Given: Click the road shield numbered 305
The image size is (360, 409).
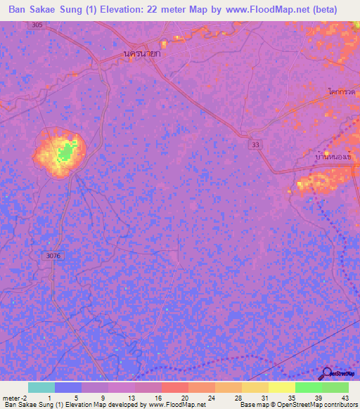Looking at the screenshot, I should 37,25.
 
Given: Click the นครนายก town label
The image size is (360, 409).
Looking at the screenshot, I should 142,53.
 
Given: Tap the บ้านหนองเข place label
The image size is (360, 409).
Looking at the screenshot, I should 333,159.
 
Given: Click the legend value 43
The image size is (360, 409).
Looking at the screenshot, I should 345,397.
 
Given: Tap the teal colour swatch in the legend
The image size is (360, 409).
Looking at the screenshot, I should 41,387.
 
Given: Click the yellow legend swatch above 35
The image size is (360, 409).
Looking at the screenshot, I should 281,387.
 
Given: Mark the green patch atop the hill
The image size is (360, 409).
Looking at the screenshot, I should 67,152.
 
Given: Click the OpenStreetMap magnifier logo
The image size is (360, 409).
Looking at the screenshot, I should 325,374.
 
